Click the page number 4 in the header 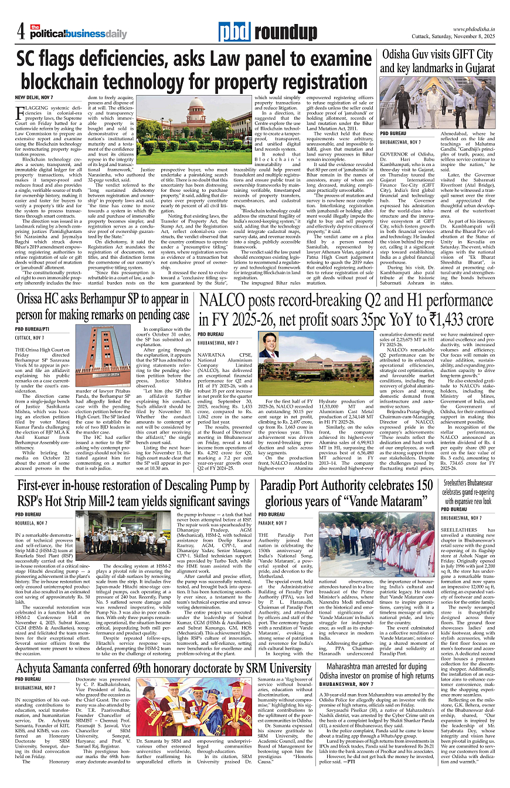point(20,30)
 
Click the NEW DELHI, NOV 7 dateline point(34,96)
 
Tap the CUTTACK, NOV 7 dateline point(30,338)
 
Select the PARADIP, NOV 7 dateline point(277,522)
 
